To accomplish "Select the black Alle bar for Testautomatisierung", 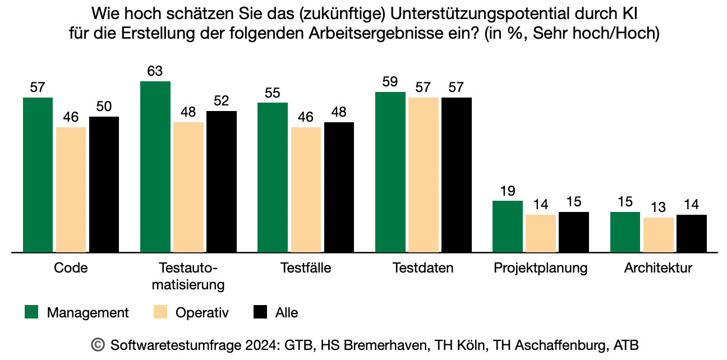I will click(222, 182).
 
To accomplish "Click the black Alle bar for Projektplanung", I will click(574, 232).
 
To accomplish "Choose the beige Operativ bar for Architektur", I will click(658, 235).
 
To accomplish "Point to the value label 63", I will click(155, 71).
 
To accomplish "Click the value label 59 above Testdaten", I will click(390, 82).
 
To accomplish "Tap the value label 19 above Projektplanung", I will click(507, 191).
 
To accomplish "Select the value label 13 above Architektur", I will click(658, 207).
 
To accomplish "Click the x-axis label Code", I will click(71, 268).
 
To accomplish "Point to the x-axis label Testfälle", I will click(306, 268).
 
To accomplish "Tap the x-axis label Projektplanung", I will click(540, 268).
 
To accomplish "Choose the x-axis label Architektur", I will click(658, 268).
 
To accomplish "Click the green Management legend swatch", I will click(31, 312).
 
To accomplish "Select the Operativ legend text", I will click(202, 313).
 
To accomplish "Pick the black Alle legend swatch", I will click(261, 312).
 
